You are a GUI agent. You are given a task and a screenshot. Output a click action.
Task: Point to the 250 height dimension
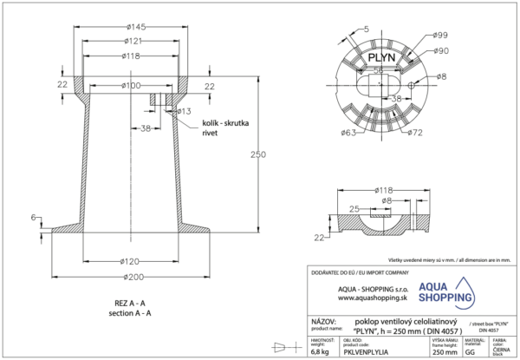tap(254, 154)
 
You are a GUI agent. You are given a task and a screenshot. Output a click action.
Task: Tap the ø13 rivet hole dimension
tap(184, 112)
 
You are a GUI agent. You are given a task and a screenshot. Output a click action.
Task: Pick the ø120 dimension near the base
tap(131, 261)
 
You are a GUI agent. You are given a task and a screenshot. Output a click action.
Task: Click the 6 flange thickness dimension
tap(33, 216)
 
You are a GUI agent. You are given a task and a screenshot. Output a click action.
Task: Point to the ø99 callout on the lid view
tap(440, 35)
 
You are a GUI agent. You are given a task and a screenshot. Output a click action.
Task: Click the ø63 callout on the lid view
tap(349, 133)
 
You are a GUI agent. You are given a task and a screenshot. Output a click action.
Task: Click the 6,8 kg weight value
tap(322, 352)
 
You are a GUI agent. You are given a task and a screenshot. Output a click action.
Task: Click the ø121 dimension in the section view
tap(133, 42)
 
